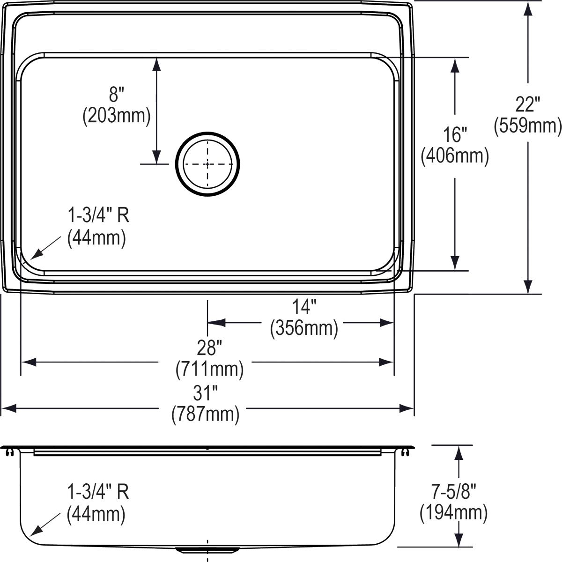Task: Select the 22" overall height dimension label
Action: (x=528, y=104)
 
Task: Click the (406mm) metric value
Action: (x=455, y=156)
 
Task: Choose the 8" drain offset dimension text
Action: (x=116, y=95)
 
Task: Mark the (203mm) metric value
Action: (x=116, y=116)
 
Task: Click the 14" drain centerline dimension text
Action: (x=304, y=307)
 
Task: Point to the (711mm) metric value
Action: (x=209, y=370)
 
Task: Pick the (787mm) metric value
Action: (x=206, y=414)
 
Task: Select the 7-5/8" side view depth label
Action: (x=453, y=492)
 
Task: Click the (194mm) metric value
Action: (x=453, y=513)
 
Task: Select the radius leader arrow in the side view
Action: (x=44, y=524)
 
